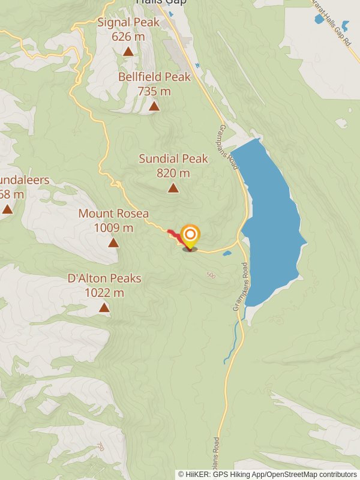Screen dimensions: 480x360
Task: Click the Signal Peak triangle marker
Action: (128, 52)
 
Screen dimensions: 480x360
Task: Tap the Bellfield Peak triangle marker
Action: (154, 106)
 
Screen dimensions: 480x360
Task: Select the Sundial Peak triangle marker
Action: (173, 188)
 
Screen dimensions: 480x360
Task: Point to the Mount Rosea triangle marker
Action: (113, 242)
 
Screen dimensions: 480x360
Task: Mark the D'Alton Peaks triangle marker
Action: (104, 308)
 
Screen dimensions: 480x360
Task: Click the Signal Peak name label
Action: (128, 23)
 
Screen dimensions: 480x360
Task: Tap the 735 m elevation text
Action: (154, 91)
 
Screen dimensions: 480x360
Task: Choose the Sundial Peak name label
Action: (173, 159)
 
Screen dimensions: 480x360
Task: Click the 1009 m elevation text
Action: (113, 228)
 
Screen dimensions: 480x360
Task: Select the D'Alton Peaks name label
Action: (104, 278)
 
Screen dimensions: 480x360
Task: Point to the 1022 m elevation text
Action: (104, 293)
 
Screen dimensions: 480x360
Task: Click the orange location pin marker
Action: (190, 235)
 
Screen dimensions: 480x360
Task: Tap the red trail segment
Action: (175, 236)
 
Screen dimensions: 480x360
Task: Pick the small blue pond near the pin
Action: (227, 254)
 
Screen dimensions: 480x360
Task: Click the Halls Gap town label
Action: (161, 2)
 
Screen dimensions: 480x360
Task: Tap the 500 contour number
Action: (210, 275)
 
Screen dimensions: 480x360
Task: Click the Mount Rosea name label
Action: (113, 214)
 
